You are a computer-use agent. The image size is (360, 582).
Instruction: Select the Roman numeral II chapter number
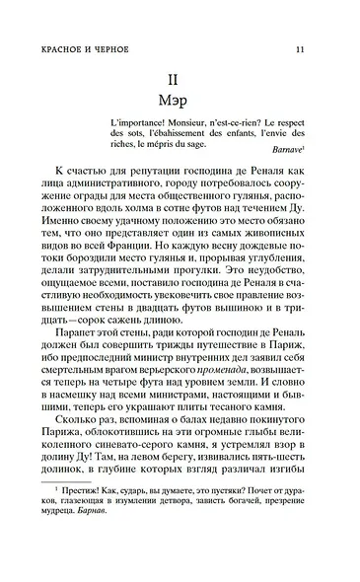[x=180, y=81]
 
